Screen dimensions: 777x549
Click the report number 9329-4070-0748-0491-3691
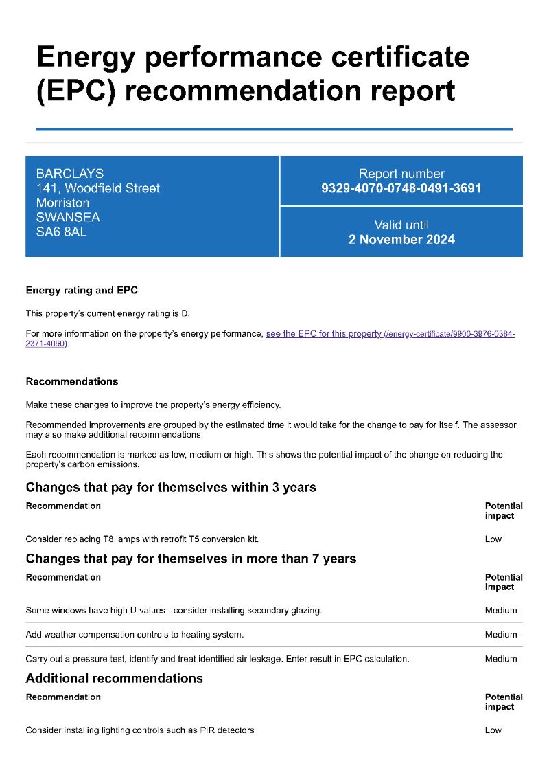pyautogui.click(x=401, y=188)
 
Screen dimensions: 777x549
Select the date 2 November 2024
pyautogui.click(x=401, y=240)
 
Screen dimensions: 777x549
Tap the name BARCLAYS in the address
pyautogui.click(x=70, y=174)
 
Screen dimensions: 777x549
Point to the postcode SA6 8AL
pyautogui.click(x=62, y=232)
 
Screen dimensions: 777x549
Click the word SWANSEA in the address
pyautogui.click(x=68, y=217)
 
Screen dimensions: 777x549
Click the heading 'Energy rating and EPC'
pyautogui.click(x=82, y=291)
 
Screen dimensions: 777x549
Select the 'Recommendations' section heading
pyautogui.click(x=72, y=381)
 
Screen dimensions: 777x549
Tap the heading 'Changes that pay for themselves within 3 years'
pyautogui.click(x=171, y=488)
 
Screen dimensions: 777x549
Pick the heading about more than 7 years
pyautogui.click(x=191, y=559)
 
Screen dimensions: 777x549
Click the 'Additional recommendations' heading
pyautogui.click(x=115, y=679)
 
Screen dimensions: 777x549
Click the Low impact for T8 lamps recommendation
pyautogui.click(x=493, y=539)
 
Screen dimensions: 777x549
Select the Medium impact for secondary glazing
pyautogui.click(x=501, y=611)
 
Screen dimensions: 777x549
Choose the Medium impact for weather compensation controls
pyautogui.click(x=501, y=635)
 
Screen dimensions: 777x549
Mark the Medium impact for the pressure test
pyautogui.click(x=501, y=659)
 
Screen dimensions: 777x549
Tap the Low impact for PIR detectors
pyautogui.click(x=493, y=730)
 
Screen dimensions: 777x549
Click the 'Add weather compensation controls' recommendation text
pyautogui.click(x=135, y=635)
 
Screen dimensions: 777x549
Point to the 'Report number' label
pyautogui.click(x=401, y=174)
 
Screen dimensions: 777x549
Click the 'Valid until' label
pyautogui.click(x=401, y=225)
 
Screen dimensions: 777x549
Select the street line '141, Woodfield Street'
pyautogui.click(x=98, y=188)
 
